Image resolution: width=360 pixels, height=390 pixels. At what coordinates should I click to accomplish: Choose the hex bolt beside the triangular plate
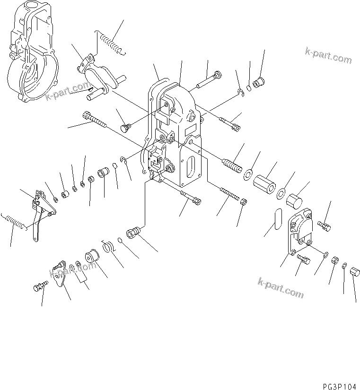click(x=41, y=286)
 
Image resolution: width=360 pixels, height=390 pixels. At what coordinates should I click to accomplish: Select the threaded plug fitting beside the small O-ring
click(x=134, y=233)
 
